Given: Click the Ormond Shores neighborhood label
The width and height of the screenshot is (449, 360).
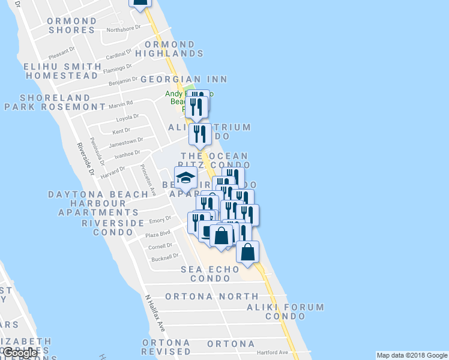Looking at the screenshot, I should (x=71, y=25).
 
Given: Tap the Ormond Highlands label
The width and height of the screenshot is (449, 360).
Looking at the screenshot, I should (x=165, y=49).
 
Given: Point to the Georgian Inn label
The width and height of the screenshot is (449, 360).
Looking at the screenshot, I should (x=184, y=79).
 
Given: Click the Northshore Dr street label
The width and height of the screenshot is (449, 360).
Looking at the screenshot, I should (x=123, y=28).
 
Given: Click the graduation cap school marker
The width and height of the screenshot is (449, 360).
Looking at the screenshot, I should (x=186, y=178).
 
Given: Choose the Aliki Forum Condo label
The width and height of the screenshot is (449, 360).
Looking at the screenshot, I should (x=285, y=311).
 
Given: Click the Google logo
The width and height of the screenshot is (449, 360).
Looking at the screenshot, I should (x=20, y=353).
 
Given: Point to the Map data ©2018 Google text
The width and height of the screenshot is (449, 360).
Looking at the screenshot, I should (x=411, y=355).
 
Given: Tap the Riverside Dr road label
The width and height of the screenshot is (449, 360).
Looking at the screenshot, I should (x=86, y=160).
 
